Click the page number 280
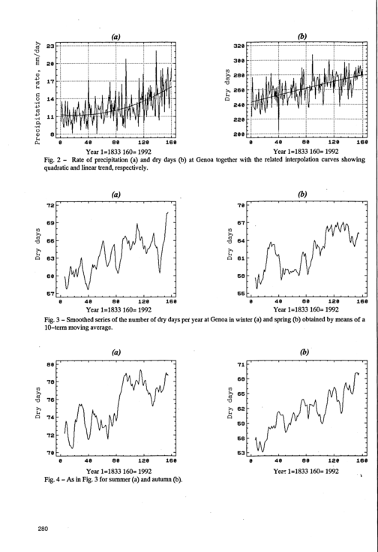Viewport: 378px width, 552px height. click(x=43, y=529)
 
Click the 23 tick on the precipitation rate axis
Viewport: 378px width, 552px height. click(x=50, y=46)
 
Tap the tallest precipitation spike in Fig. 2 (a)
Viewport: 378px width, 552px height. click(x=156, y=51)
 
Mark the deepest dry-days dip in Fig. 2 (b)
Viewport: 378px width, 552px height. click(x=278, y=129)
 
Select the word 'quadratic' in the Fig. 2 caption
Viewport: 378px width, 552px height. click(x=55, y=168)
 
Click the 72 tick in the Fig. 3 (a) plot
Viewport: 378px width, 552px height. click(x=50, y=205)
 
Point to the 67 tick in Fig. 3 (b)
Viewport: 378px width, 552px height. click(x=241, y=223)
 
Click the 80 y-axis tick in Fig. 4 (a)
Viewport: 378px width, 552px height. click(x=50, y=364)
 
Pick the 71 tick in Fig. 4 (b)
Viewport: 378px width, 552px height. click(x=241, y=364)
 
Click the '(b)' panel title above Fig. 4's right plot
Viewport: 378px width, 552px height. click(x=304, y=352)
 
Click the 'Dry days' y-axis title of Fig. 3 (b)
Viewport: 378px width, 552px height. click(x=230, y=244)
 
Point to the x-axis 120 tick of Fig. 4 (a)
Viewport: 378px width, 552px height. click(x=143, y=460)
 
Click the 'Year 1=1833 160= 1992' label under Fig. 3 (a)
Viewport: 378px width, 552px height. click(x=118, y=309)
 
